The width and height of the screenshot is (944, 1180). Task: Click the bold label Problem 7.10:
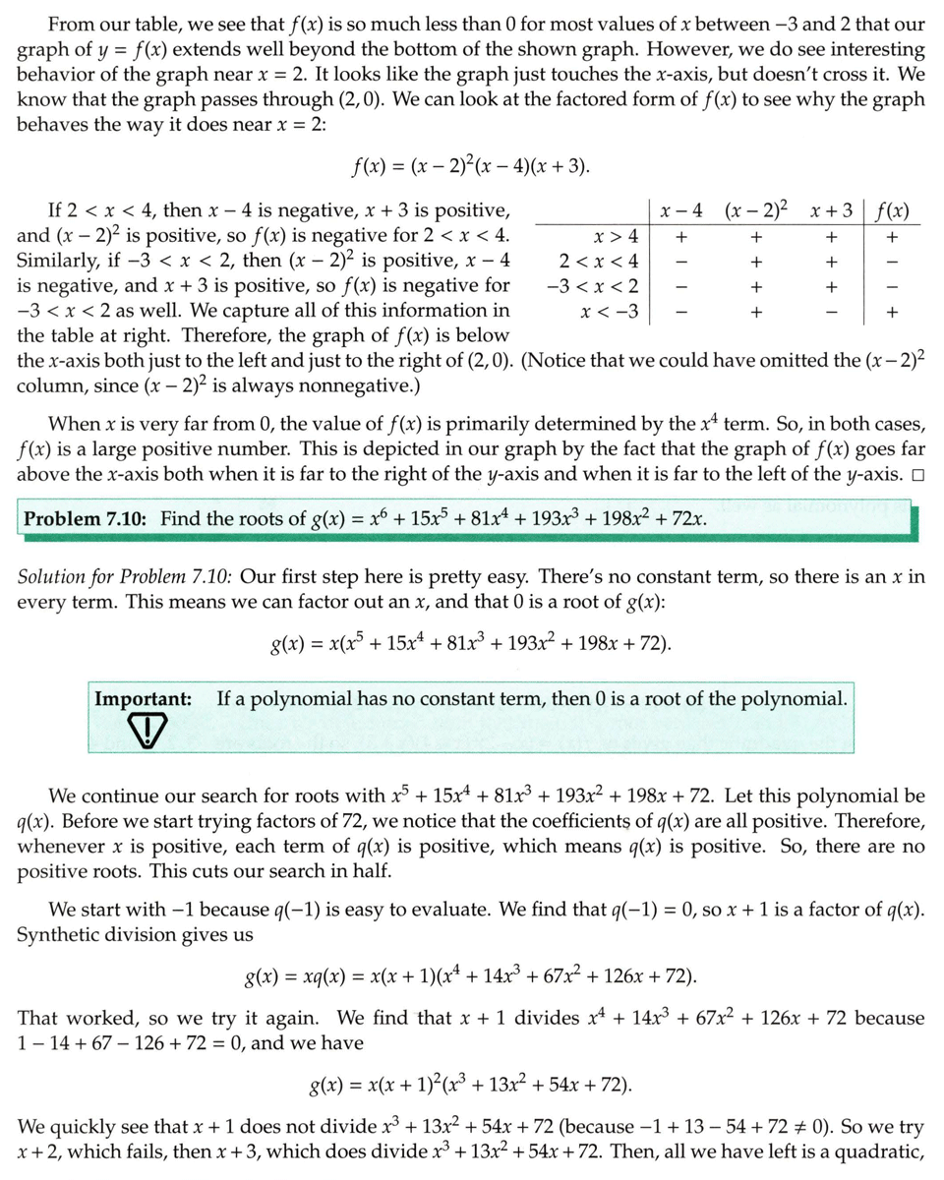[85, 518]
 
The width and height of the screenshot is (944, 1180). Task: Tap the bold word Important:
[143, 699]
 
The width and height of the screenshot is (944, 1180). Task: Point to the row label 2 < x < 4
[599, 261]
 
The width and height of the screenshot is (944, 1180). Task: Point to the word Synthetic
[55, 935]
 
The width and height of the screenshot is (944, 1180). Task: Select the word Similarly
[57, 261]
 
